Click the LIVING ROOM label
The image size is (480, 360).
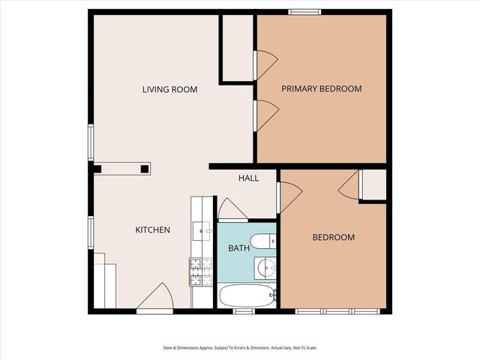click(169, 89)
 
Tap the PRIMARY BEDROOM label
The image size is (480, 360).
click(321, 88)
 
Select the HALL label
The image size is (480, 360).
click(248, 178)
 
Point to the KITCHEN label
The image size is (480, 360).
click(152, 229)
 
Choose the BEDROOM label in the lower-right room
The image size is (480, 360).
click(333, 238)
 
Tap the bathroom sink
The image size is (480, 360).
click(265, 267)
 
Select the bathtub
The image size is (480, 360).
click(247, 295)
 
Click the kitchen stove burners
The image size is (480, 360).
click(199, 272)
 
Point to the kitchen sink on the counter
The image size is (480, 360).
click(199, 229)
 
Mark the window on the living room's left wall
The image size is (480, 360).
click(90, 142)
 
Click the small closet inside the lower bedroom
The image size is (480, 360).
click(373, 184)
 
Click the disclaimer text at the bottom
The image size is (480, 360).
click(239, 347)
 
